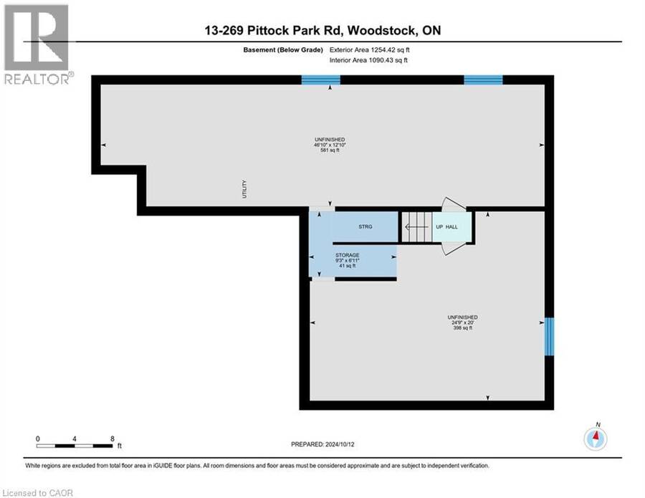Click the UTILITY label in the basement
click(x=244, y=189)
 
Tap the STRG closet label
click(x=365, y=226)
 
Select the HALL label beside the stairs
click(x=451, y=226)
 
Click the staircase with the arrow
click(x=416, y=227)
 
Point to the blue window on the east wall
click(x=549, y=336)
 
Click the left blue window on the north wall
click(x=321, y=80)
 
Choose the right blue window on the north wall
click(x=483, y=80)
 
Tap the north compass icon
click(x=596, y=439)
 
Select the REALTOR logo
click(x=39, y=44)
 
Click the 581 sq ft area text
click(x=330, y=150)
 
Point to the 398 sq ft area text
click(x=463, y=328)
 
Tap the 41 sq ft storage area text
click(x=348, y=266)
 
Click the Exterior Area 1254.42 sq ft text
click(x=369, y=49)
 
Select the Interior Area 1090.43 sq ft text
click(x=368, y=60)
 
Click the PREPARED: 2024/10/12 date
click(x=322, y=444)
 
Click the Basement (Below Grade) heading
click(x=283, y=49)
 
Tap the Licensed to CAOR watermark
click(x=38, y=493)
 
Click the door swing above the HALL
click(x=454, y=204)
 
